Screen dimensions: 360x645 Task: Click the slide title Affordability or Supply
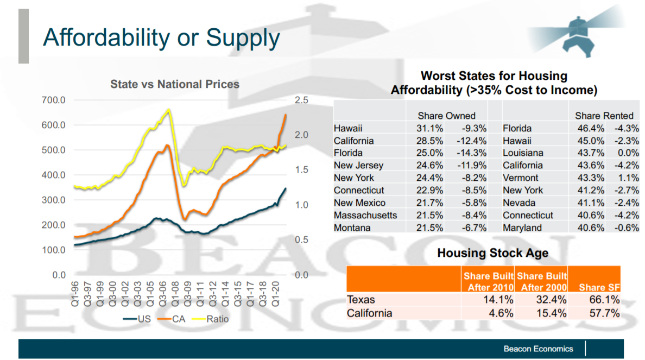tap(161, 37)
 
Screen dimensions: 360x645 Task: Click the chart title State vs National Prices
tap(175, 84)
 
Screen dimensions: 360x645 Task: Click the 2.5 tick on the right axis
tap(301, 100)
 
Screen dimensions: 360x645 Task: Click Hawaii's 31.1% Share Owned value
tap(429, 129)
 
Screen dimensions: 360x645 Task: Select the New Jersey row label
tap(358, 166)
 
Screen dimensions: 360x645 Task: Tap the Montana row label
tap(352, 228)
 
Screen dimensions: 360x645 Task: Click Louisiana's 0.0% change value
tap(629, 153)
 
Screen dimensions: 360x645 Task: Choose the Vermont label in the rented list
tap(520, 178)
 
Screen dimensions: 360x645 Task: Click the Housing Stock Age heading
tap(492, 253)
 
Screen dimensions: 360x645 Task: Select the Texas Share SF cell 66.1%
tap(605, 300)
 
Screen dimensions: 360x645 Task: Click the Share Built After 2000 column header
tap(541, 281)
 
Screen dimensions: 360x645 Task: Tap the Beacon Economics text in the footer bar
tap(538, 349)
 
